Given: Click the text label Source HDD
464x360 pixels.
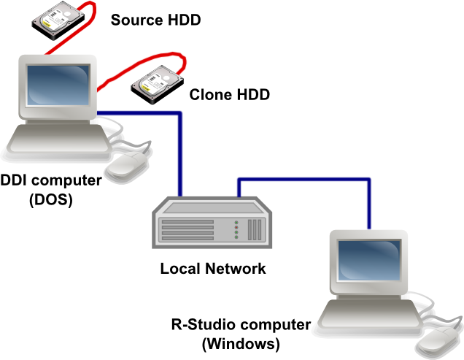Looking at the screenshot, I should point(155,19).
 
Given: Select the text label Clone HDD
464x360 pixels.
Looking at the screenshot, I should point(229,94).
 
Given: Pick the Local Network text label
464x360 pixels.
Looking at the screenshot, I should point(213,268).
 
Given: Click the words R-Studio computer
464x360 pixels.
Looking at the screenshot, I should point(241,324).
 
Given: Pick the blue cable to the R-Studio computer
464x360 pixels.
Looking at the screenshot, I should point(306,178).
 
